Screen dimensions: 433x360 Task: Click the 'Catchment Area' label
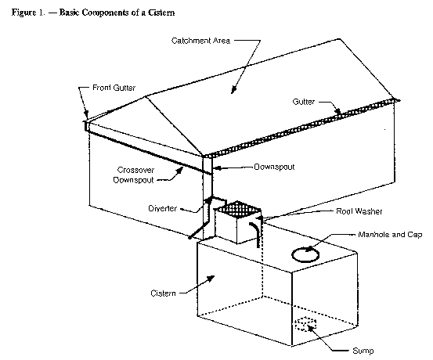click(200, 41)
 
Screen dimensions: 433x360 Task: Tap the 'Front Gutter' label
click(114, 88)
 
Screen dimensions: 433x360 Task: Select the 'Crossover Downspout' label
click(134, 175)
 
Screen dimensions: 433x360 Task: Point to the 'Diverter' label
click(162, 208)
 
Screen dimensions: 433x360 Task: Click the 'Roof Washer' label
click(359, 211)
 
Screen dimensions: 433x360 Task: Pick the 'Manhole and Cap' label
click(390, 235)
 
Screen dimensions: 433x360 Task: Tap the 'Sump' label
click(363, 351)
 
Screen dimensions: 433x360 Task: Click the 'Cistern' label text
click(163, 293)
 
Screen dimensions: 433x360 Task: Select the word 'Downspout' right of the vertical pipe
click(274, 167)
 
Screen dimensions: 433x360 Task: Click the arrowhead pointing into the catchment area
click(233, 90)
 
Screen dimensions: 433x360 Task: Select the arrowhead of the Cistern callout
click(211, 279)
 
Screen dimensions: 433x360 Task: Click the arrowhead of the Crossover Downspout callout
click(180, 170)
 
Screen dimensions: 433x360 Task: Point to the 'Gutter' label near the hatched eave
click(304, 102)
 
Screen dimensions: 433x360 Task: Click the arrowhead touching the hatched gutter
click(337, 111)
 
